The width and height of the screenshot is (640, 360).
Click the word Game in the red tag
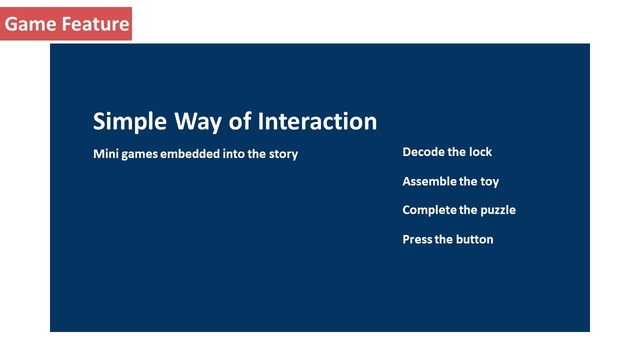coord(30,23)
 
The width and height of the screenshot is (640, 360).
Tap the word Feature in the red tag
coord(95,23)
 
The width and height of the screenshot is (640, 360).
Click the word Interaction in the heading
coord(317,121)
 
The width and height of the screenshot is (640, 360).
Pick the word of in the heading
coord(240,121)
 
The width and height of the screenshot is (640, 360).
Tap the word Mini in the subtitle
coord(105,153)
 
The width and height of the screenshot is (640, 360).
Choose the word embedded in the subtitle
coord(190,153)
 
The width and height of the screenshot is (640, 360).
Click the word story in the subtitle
coord(283,154)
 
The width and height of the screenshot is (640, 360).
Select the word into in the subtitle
coord(233,153)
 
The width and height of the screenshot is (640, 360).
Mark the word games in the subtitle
coord(139,155)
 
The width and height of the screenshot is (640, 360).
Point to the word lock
coord(480,152)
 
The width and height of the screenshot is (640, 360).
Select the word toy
coord(489,182)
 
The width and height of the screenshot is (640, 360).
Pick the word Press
coord(417,239)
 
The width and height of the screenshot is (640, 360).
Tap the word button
coord(474,239)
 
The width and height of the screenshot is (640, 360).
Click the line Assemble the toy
coord(451,182)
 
